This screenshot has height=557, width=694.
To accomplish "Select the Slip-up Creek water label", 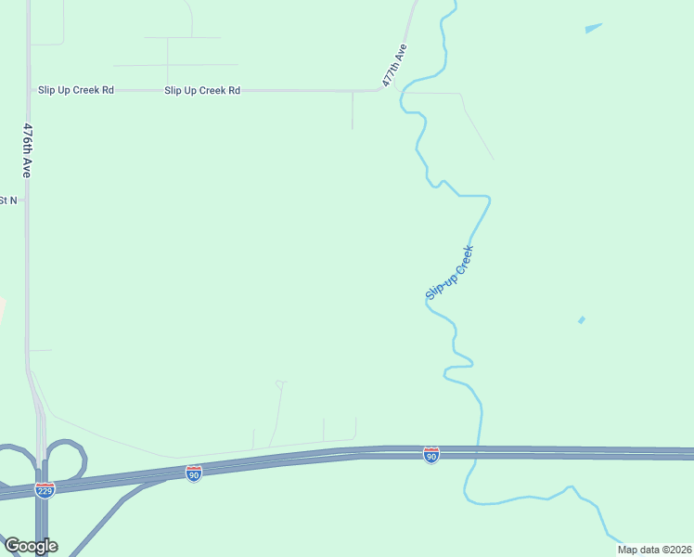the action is pyautogui.click(x=450, y=272).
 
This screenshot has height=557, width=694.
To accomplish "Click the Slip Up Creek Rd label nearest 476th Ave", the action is pyautogui.click(x=76, y=90).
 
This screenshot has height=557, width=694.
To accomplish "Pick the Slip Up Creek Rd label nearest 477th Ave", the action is pyautogui.click(x=202, y=90).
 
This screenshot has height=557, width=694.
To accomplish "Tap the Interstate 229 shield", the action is pyautogui.click(x=44, y=489).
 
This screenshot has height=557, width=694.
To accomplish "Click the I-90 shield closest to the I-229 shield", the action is pyautogui.click(x=193, y=473).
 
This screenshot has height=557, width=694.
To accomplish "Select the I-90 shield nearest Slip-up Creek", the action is pyautogui.click(x=431, y=454).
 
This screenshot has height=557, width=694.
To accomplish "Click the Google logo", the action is pyautogui.click(x=31, y=546).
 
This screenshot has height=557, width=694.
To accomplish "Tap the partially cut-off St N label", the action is pyautogui.click(x=8, y=200).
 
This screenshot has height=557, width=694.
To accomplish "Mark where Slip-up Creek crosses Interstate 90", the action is pyautogui.click(x=478, y=453).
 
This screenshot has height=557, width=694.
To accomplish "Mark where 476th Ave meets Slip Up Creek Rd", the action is pyautogui.click(x=29, y=90).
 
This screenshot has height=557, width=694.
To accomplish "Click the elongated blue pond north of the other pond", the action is pyautogui.click(x=593, y=28).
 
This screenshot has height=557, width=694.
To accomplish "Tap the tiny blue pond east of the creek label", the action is pyautogui.click(x=582, y=320).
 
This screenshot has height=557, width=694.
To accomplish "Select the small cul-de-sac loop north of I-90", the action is pyautogui.click(x=280, y=383).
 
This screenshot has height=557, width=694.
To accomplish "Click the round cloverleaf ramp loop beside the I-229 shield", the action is pyautogui.click(x=65, y=460).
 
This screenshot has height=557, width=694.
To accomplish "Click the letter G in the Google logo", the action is pyautogui.click(x=11, y=546).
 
